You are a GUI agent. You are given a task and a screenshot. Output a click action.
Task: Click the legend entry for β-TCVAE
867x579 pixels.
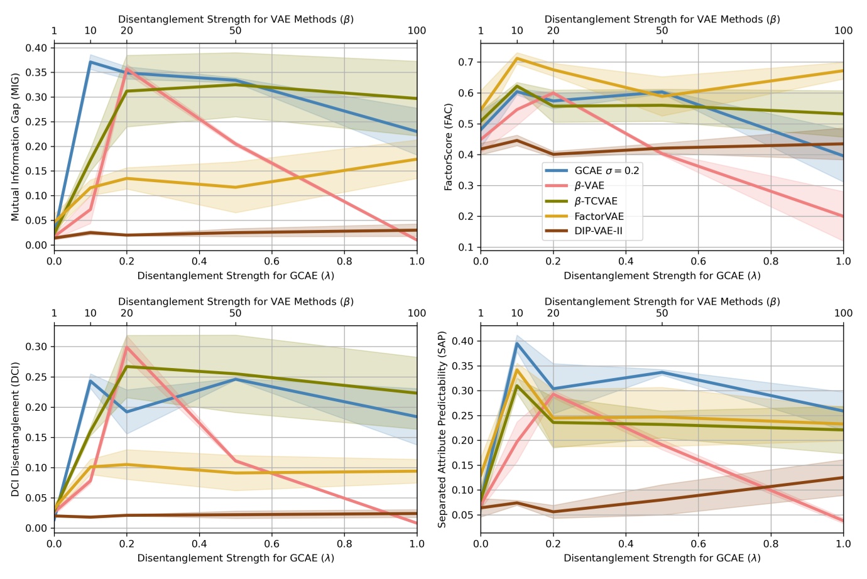coord(596,201)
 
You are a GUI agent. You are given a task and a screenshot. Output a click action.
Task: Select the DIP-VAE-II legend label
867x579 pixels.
coord(598,231)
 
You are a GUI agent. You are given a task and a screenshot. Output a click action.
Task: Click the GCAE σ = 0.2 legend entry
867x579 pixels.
coord(606,171)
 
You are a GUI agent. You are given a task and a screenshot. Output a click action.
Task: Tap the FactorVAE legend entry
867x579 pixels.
coord(599,216)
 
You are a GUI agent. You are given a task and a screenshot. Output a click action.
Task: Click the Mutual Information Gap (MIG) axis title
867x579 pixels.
coord(15,147)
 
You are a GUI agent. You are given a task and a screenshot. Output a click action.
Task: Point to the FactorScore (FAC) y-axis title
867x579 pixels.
coord(449,147)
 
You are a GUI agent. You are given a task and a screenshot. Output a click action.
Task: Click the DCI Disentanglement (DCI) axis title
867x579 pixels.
coord(15,429)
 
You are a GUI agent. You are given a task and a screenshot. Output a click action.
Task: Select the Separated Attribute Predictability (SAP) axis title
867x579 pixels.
coord(442,429)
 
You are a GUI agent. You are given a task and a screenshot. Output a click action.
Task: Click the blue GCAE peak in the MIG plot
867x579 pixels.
coord(90,62)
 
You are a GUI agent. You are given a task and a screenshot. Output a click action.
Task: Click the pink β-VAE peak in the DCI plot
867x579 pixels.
coord(127,347)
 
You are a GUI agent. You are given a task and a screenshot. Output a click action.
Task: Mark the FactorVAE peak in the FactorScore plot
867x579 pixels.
coord(517,58)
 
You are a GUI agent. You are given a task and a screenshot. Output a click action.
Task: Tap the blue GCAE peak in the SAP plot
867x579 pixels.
coord(517,343)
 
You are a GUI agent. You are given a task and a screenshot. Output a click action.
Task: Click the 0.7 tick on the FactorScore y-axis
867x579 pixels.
coord(466,62)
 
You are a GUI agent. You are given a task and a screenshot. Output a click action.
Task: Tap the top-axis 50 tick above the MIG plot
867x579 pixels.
coord(236,31)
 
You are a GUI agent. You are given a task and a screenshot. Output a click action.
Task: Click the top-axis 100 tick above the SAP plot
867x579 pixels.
coord(842,313)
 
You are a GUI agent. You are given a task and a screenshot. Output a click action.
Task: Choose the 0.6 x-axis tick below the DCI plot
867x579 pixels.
coord(272,544)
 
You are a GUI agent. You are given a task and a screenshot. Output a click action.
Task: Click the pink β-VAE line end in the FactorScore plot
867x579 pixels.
coord(842,216)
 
